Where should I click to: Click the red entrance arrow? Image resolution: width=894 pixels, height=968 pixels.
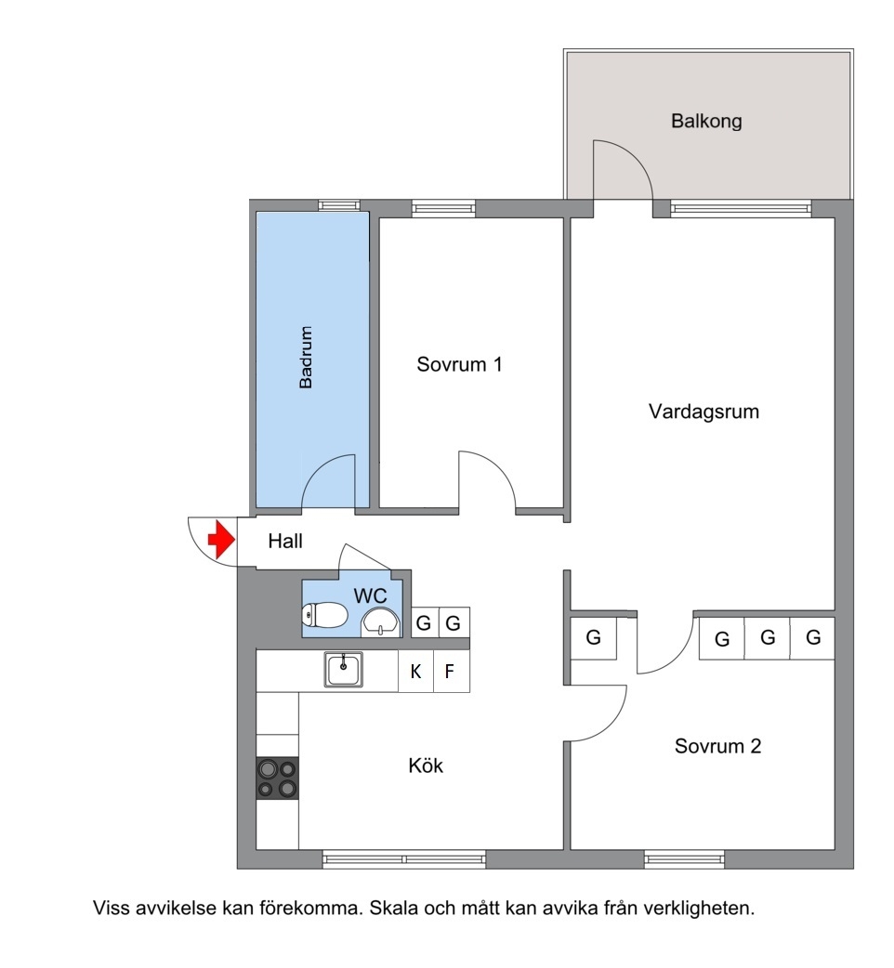(x=222, y=540)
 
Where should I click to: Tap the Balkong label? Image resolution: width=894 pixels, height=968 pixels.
(x=706, y=121)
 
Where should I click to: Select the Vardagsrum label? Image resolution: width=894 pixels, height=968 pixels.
(x=703, y=412)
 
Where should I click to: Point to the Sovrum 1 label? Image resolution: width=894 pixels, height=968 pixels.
(x=459, y=364)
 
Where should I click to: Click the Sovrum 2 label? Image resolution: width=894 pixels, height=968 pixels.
(x=717, y=746)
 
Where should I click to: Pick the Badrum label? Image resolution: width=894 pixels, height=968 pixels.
(x=306, y=358)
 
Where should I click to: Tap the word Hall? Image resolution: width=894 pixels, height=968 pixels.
(x=285, y=542)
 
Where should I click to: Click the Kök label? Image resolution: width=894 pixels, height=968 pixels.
(x=426, y=765)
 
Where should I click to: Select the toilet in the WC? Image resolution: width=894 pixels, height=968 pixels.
(x=324, y=615)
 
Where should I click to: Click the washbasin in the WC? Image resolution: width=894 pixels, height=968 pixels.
(x=380, y=621)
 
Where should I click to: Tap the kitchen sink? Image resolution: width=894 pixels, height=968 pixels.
(x=343, y=669)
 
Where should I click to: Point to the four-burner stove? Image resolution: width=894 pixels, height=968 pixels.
(x=277, y=778)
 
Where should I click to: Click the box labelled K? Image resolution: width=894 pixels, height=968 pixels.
(x=416, y=671)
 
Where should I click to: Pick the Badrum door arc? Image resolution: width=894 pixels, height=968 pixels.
(x=318, y=472)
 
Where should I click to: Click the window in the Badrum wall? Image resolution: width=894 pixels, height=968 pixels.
(x=339, y=205)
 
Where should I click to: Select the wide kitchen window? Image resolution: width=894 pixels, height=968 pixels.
(x=403, y=858)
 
